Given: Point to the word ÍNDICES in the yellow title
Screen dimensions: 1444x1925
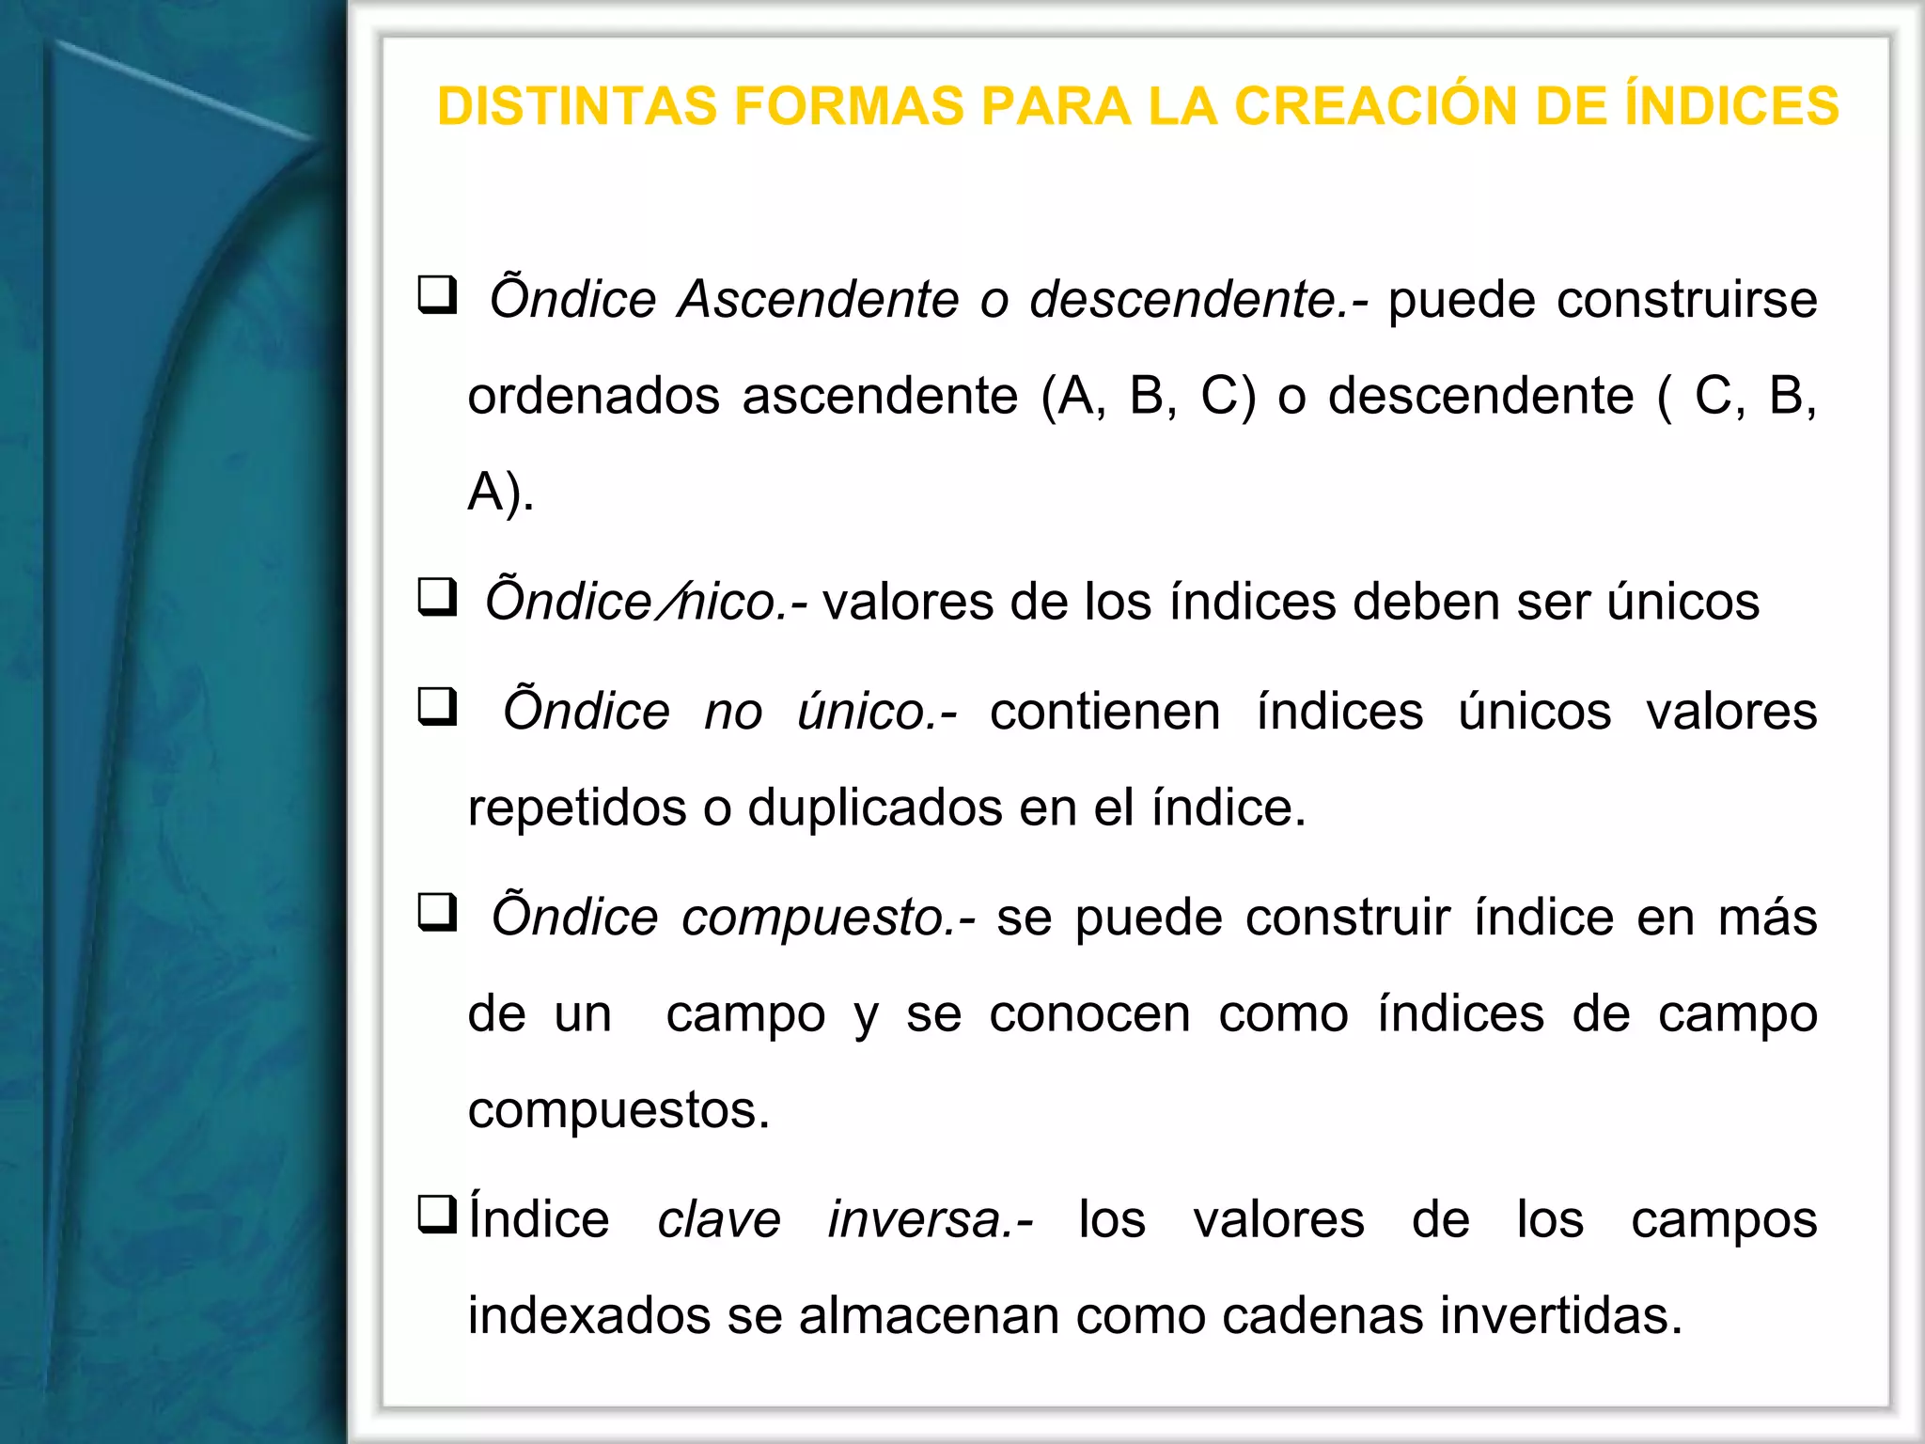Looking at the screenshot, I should (x=1731, y=105).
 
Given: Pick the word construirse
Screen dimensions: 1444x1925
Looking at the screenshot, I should (x=1686, y=300).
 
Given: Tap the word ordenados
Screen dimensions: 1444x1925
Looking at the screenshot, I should (x=593, y=396).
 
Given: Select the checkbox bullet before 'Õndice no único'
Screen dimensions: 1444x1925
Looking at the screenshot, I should (x=437, y=707).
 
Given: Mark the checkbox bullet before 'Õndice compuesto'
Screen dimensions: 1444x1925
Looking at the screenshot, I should (x=437, y=913).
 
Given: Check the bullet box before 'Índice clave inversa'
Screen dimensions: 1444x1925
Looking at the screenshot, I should (x=437, y=1214).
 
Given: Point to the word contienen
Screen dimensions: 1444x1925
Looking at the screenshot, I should (x=1104, y=712).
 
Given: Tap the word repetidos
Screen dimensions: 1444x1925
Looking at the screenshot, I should (x=576, y=808).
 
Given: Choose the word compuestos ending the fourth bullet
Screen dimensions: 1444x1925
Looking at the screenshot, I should (x=618, y=1110).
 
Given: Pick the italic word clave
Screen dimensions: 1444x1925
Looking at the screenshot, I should (x=718, y=1220).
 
